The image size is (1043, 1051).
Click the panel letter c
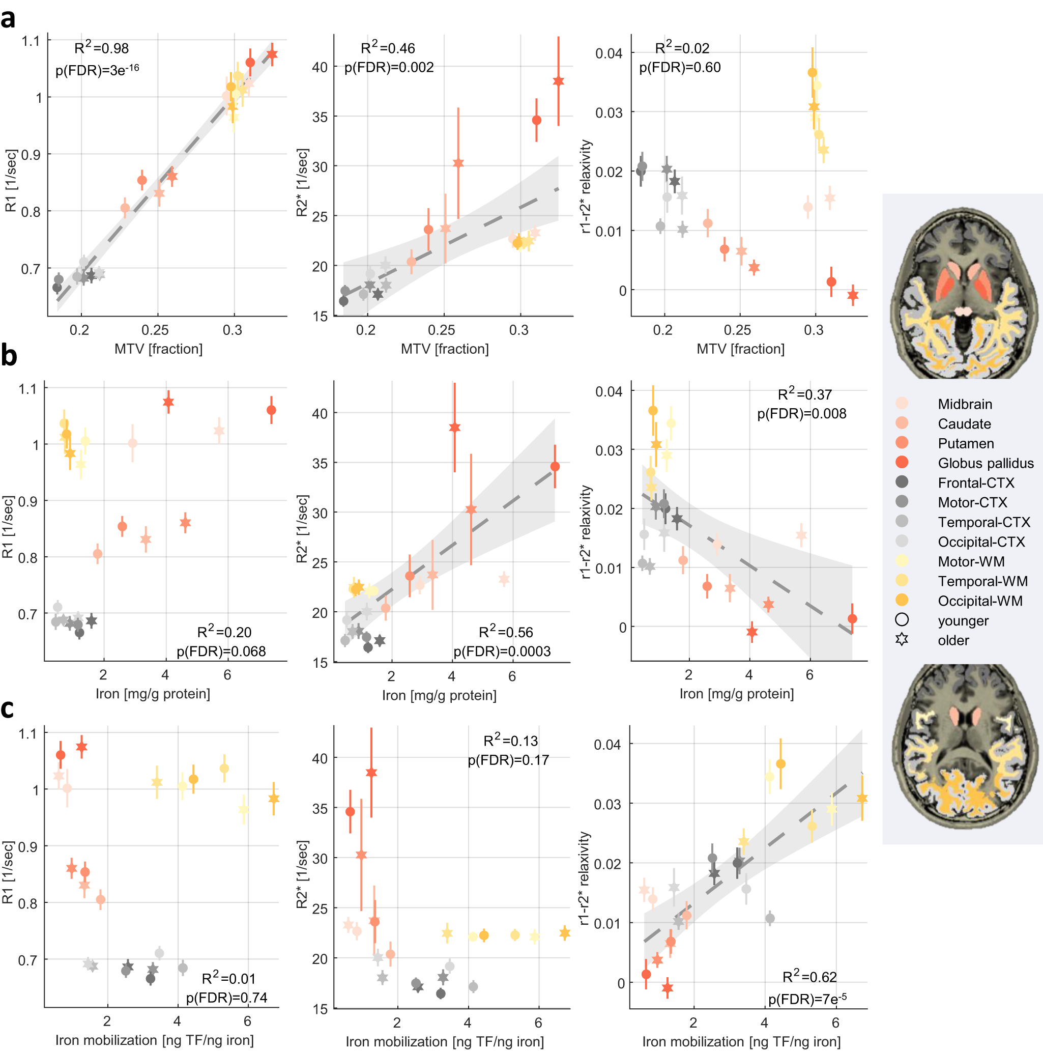pos(7,709)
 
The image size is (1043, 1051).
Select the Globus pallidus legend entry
pos(985,463)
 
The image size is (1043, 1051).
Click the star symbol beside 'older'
pos(902,640)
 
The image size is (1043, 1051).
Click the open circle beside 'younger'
pos(902,619)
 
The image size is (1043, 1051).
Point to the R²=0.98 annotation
pos(102,48)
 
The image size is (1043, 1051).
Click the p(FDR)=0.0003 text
pos(502,651)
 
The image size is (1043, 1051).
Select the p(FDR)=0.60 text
pos(680,68)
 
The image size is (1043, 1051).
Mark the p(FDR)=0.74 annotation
pos(227,998)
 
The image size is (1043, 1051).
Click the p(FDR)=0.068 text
pos(221,651)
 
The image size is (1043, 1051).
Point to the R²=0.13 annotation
pos(510,741)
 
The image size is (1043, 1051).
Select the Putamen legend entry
pos(965,443)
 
